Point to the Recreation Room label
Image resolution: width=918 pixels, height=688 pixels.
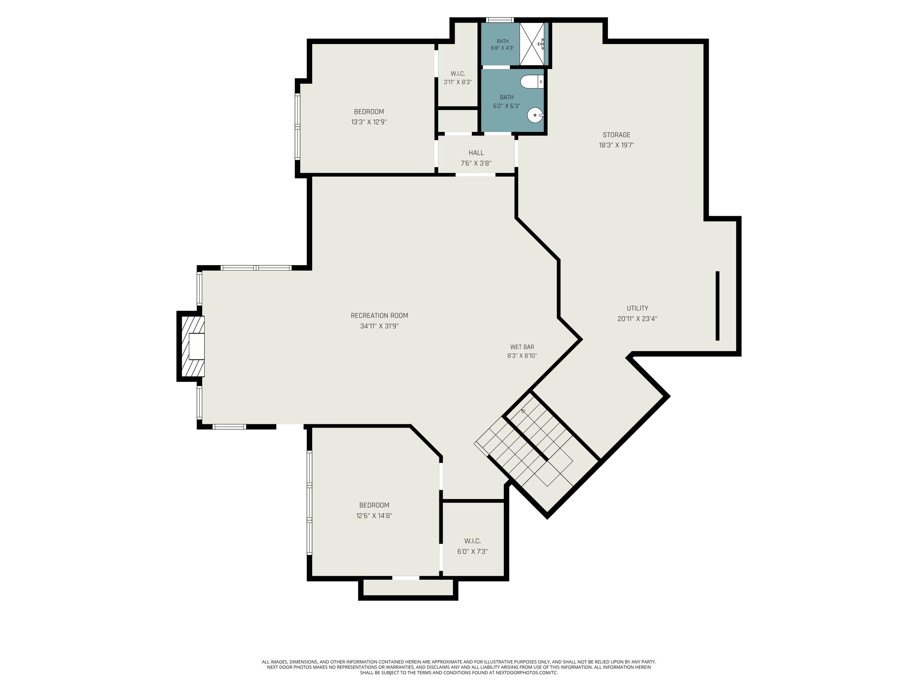[379, 316]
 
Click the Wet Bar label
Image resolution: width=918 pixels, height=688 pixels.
[522, 347]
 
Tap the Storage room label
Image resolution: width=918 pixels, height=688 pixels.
[616, 135]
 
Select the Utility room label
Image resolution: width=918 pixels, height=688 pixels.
[637, 308]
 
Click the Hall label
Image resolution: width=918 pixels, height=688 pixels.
[476, 153]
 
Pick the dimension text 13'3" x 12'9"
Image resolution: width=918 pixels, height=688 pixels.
[369, 122]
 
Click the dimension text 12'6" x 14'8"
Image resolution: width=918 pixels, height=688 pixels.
[374, 516]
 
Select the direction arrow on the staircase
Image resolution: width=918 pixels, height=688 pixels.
[523, 411]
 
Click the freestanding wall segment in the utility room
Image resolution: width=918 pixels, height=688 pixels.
[718, 306]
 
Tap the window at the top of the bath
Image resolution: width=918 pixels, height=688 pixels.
[500, 20]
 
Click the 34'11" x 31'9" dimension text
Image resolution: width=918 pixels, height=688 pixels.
[379, 326]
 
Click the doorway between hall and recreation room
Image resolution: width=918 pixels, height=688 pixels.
[476, 175]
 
